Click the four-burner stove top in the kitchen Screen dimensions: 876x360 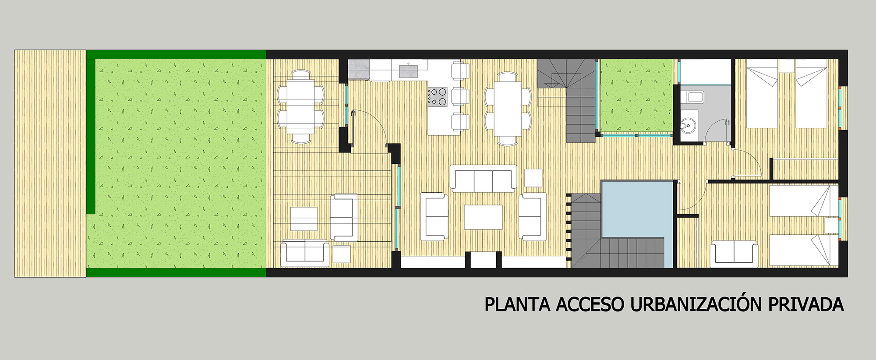[x=438, y=97]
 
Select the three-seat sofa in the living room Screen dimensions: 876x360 [x=484, y=178]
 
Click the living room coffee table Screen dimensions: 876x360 [x=484, y=217]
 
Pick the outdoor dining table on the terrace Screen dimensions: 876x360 [x=301, y=106]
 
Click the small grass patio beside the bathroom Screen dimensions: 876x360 [x=636, y=95]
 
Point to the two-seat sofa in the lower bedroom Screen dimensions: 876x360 [x=734, y=253]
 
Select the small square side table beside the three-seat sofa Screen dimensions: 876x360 [x=533, y=177]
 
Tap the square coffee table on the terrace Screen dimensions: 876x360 [x=304, y=219]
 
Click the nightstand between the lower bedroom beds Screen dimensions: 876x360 [x=831, y=226]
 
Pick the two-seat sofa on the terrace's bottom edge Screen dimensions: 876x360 [x=304, y=253]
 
